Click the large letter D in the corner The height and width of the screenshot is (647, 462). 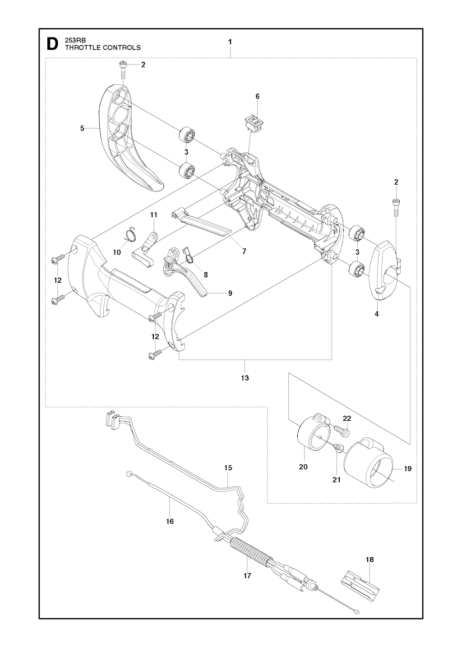click(52, 44)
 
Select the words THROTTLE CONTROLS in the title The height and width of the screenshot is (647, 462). click(103, 47)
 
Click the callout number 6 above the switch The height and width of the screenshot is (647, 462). click(258, 96)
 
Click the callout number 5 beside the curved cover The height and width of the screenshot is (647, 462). click(82, 128)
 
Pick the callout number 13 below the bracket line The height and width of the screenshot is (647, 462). click(245, 378)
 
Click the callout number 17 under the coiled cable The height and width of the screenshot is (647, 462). click(247, 576)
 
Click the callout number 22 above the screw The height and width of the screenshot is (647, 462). click(346, 418)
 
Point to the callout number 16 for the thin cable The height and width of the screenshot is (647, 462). click(170, 521)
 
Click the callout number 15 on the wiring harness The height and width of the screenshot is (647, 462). click(228, 468)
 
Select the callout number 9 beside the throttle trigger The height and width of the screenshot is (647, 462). click(230, 293)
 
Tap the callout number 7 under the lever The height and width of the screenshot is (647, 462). click(244, 252)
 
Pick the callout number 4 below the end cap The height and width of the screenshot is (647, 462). click(377, 314)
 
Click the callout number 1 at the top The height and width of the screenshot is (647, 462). click(230, 41)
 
